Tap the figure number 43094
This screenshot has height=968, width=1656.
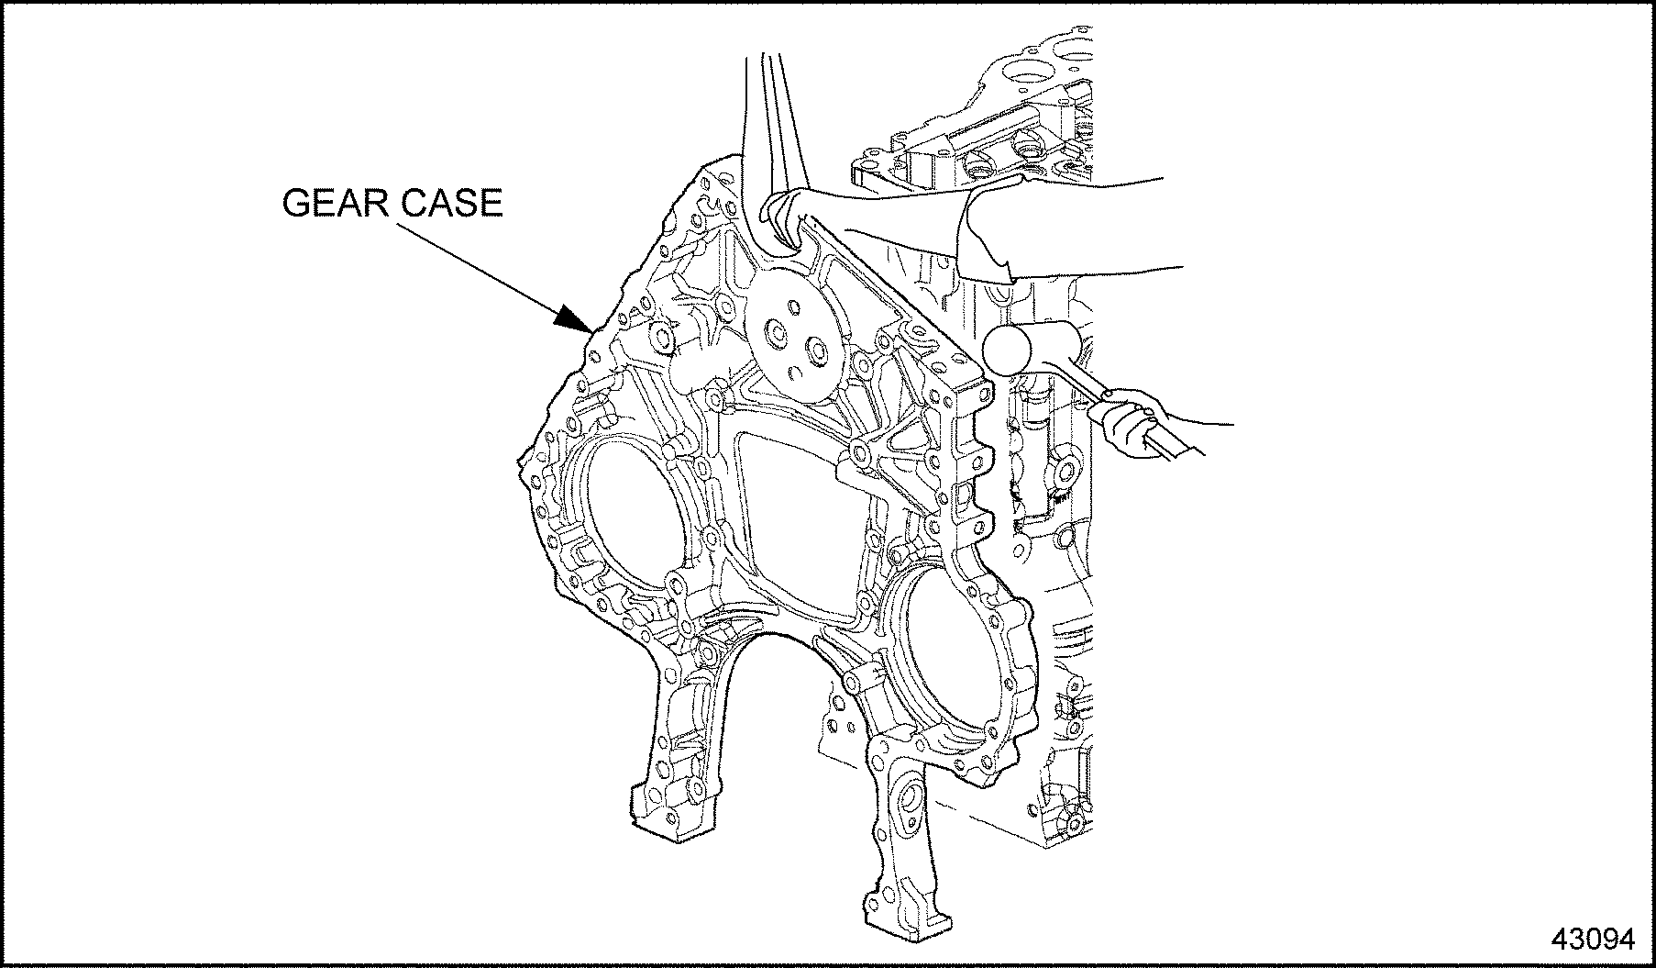click(1593, 939)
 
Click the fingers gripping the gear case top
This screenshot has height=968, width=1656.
click(789, 220)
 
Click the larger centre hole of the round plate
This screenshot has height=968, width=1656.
click(776, 336)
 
